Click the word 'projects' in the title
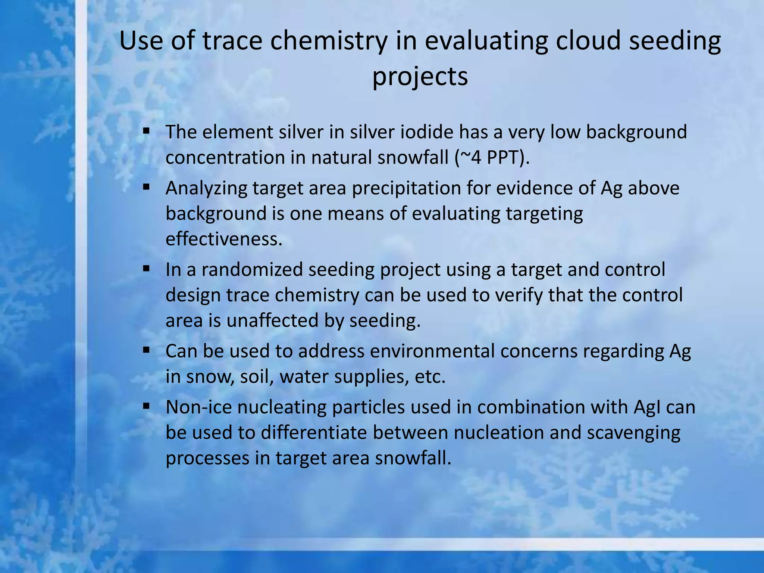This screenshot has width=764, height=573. pos(420,77)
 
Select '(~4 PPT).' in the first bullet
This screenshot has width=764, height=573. pos(492,157)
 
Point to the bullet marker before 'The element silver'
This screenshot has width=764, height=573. pos(146,131)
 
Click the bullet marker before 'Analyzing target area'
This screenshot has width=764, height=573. pos(146,187)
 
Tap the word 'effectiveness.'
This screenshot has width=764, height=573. pos(224,239)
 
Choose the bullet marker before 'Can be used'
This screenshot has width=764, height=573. pos(146,350)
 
